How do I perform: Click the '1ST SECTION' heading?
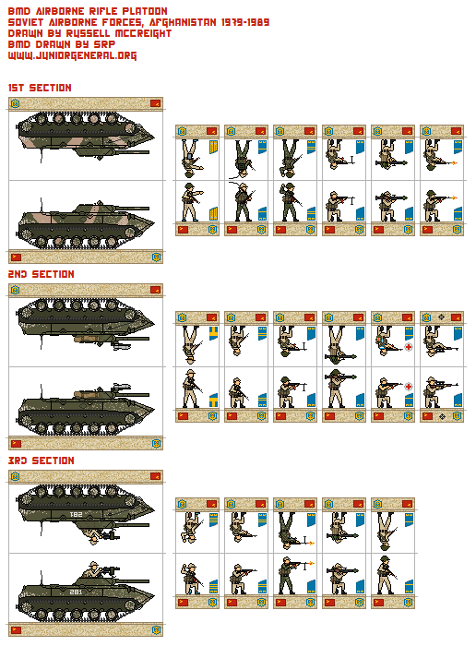click(x=40, y=88)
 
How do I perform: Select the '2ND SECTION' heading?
click(x=41, y=274)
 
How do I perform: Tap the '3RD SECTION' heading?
click(x=41, y=461)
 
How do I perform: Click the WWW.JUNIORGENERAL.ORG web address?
click(x=72, y=55)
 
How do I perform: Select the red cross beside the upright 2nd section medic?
click(x=408, y=388)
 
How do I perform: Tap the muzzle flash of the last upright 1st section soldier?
click(x=450, y=197)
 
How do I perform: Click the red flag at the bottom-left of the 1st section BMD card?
click(x=16, y=256)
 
